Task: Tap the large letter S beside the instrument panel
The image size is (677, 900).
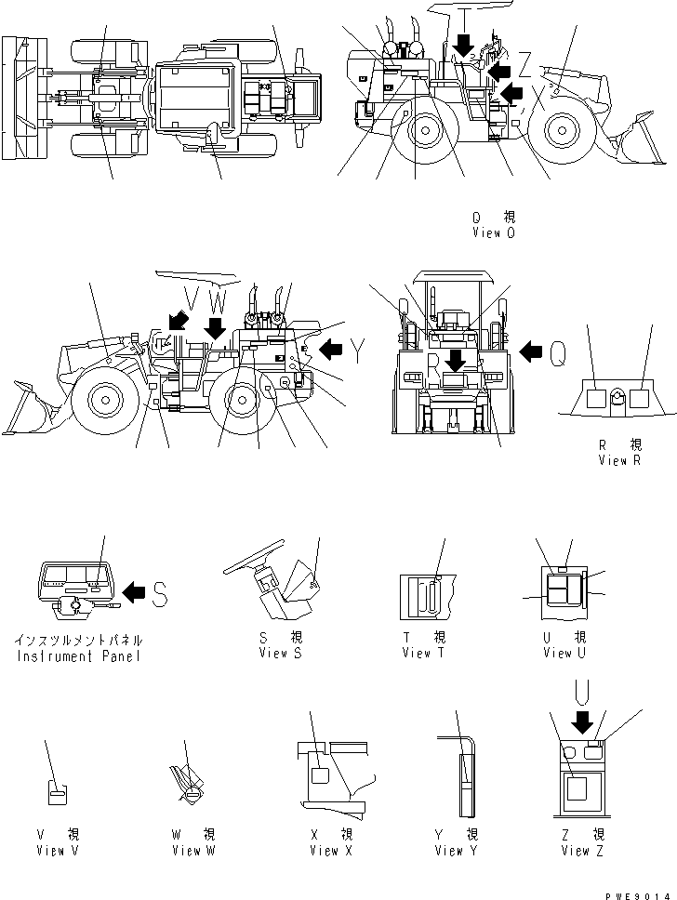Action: point(160,592)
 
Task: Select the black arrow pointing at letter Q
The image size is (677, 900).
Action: point(530,351)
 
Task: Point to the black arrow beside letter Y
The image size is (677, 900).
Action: point(330,350)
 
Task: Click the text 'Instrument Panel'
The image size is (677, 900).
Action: point(79,656)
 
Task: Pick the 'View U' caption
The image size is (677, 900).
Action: point(564,653)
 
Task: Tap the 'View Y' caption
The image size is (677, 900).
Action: point(456,850)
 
